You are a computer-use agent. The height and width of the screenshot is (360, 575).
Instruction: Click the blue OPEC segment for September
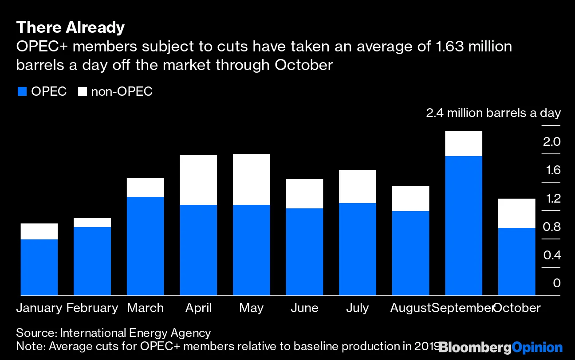pos(463,225)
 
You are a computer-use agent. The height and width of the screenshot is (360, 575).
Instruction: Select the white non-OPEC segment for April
pos(198,180)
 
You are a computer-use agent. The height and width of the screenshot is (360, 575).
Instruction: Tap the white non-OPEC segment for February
pos(92,223)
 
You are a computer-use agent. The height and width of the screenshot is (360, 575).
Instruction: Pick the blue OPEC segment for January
pos(39,267)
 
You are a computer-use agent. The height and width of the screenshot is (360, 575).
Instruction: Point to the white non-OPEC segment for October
pos(516,213)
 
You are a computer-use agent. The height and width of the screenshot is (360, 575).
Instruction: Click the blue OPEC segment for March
pos(145,246)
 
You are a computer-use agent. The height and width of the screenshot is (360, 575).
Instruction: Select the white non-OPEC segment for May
pos(251,180)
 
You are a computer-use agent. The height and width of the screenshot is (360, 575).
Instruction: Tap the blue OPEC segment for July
pos(357,249)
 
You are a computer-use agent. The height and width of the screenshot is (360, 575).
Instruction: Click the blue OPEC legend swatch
pos(22,92)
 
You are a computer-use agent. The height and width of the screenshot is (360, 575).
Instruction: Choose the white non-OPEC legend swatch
pos(82,92)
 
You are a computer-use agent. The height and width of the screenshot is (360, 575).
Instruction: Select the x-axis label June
pos(304,308)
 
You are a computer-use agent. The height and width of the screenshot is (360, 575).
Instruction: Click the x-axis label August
pos(410,308)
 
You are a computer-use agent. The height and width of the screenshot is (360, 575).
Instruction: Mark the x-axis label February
pos(92,308)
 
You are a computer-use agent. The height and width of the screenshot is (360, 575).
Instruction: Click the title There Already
pos(70,28)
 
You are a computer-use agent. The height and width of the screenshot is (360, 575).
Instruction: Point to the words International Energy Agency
pos(135,333)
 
